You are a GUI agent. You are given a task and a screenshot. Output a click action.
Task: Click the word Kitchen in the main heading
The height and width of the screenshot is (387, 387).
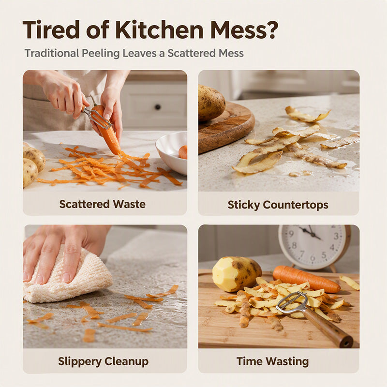[x=160, y=30]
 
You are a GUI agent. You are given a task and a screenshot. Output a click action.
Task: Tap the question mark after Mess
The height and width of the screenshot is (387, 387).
[x=272, y=30]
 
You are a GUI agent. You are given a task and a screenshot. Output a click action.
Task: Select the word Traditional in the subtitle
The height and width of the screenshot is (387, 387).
[x=52, y=53]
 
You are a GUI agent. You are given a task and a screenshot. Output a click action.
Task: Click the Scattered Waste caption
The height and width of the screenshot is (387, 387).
[x=102, y=204]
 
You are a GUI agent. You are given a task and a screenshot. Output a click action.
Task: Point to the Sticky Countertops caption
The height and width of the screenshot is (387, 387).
[x=278, y=205]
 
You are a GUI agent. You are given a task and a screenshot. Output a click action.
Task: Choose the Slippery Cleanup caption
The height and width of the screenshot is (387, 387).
[x=103, y=361]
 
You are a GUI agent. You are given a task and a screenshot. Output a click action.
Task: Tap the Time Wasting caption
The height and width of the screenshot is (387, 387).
[x=272, y=361]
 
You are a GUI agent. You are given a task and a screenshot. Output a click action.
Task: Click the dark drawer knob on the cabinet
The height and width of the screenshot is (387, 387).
[x=158, y=107]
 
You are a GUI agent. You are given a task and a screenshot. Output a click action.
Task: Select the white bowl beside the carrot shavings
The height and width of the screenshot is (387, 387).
[x=172, y=152]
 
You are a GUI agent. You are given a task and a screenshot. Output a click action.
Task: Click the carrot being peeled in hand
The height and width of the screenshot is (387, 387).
[x=107, y=130]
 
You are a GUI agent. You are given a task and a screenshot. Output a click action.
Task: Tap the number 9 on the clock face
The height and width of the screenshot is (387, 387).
[x=291, y=234]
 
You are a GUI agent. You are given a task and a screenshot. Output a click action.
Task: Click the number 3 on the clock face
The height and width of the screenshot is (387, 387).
[x=336, y=236]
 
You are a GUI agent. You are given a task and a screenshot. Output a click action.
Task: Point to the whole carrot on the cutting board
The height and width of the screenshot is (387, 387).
[x=306, y=279]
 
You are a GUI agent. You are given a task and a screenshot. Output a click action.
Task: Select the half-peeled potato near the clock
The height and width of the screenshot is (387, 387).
[x=237, y=274]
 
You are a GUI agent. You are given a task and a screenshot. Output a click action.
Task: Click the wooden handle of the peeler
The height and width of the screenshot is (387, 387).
[x=327, y=327]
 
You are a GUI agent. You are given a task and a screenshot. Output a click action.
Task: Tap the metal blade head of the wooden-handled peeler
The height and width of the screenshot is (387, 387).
[x=292, y=302]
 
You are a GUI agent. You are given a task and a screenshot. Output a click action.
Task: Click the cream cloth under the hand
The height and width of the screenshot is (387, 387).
[x=69, y=282]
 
